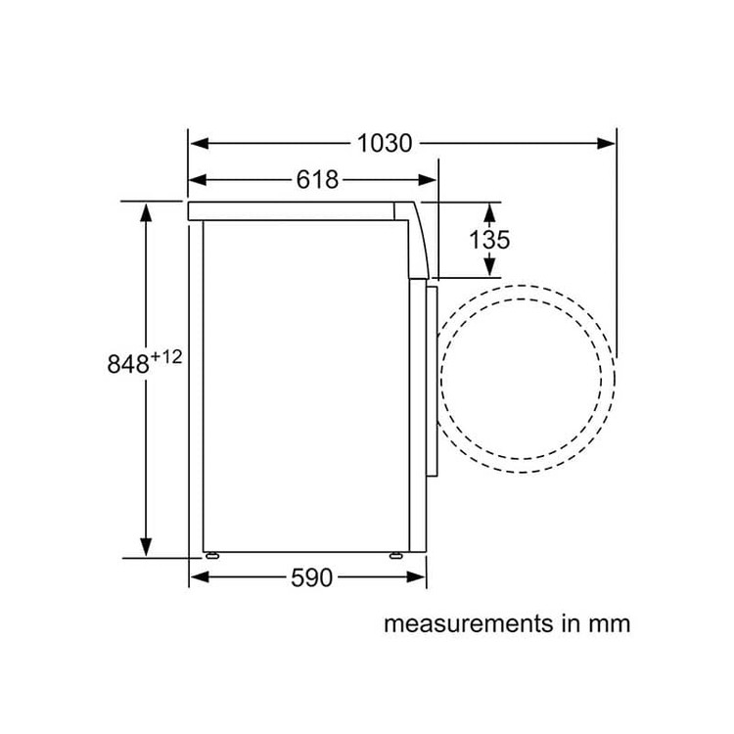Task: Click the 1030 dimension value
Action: click(385, 143)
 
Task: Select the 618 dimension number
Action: click(317, 180)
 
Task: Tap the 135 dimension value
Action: click(489, 240)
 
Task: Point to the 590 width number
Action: click(311, 577)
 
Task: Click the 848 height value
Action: click(128, 364)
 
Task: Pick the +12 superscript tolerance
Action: click(166, 357)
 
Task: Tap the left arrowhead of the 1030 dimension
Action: click(199, 143)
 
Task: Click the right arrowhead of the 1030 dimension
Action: click(606, 143)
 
